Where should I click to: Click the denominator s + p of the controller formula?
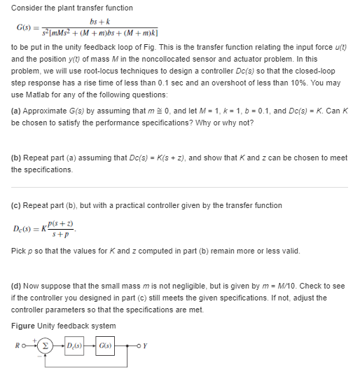[67, 235]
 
